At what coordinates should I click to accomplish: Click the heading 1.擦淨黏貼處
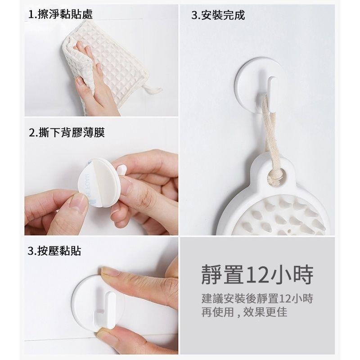click(60, 14)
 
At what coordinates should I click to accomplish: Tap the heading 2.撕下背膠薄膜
click(67, 132)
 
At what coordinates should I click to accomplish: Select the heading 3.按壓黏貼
click(54, 251)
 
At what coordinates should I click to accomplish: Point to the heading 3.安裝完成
click(218, 15)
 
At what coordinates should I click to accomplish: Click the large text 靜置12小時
click(257, 275)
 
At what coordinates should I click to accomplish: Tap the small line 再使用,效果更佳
click(244, 312)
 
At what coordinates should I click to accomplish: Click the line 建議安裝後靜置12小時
click(257, 299)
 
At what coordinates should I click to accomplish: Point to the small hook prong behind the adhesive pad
click(121, 171)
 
